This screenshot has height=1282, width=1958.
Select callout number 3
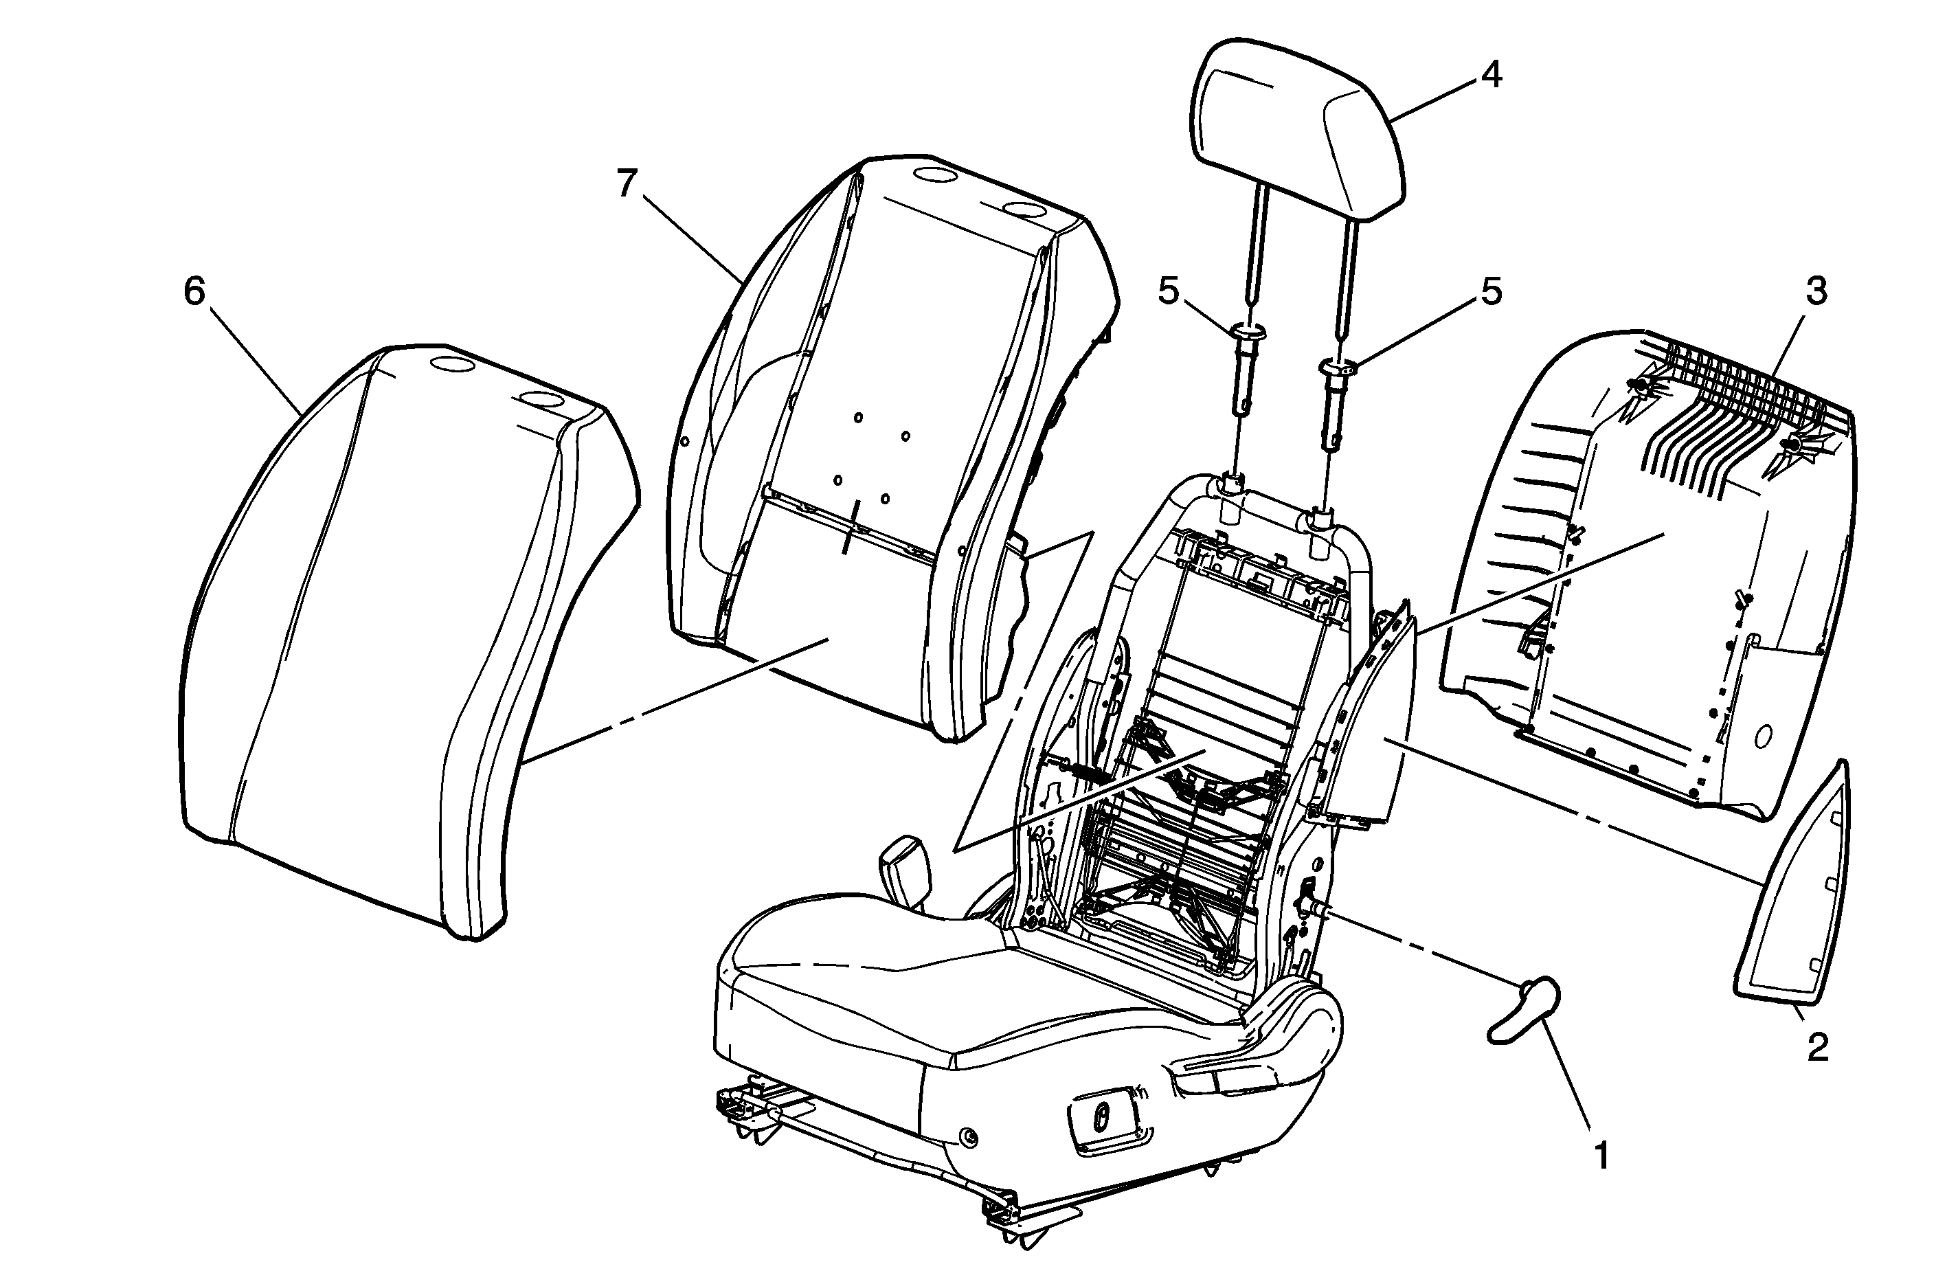1816,291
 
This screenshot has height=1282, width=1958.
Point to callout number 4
1490,75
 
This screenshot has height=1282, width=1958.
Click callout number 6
194,291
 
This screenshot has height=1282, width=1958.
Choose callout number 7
627,183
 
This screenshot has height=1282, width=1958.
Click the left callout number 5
1168,291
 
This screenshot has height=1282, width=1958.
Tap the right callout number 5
1491,291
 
